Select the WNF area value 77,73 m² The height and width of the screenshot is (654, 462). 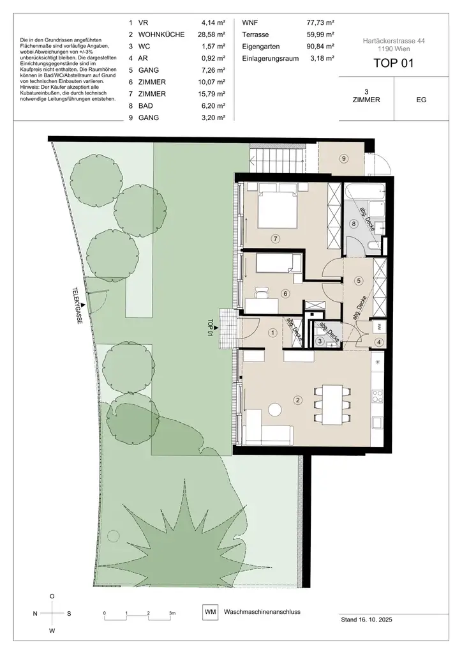pos(321,22)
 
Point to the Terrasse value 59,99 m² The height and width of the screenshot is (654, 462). pos(321,34)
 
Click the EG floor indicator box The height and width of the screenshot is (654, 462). pos(421,100)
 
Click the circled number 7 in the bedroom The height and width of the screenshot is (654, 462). pos(276,239)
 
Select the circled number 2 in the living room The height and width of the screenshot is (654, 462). pos(297,401)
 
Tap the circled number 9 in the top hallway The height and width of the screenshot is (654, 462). pos(343,158)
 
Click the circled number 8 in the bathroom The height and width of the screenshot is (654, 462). pos(354,224)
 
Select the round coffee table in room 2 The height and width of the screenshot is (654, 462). pos(276,409)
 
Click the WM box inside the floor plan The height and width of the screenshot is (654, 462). pos(379,326)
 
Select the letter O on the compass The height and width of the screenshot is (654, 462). pos(52,596)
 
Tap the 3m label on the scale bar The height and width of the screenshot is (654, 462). pos(172,612)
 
